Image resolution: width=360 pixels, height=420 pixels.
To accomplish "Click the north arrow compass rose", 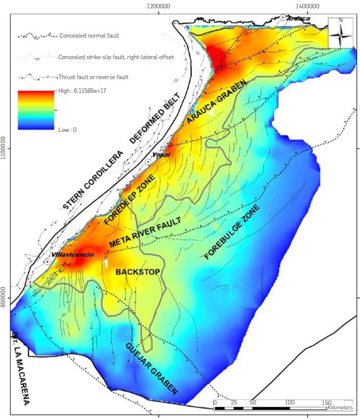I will coord(340,32).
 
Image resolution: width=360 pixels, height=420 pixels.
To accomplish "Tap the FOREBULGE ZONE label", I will coord(232,232).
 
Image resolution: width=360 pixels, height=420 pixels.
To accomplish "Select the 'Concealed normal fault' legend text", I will coord(88,36).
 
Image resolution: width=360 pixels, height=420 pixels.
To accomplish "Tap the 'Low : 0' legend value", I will coord(67,130).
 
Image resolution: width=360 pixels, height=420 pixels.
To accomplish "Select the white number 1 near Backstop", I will coord(105,263).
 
